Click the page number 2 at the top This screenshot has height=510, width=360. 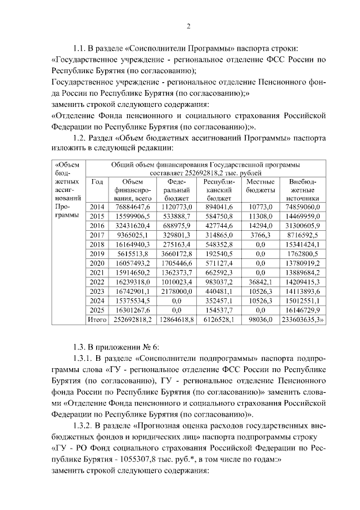pyautogui.click(x=188, y=26)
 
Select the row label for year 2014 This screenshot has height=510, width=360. pyautogui.click(x=97, y=208)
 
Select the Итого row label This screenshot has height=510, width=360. pyautogui.click(x=97, y=319)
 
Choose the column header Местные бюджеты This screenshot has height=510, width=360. pyautogui.click(x=260, y=186)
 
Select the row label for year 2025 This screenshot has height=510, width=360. pyautogui.click(x=97, y=309)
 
